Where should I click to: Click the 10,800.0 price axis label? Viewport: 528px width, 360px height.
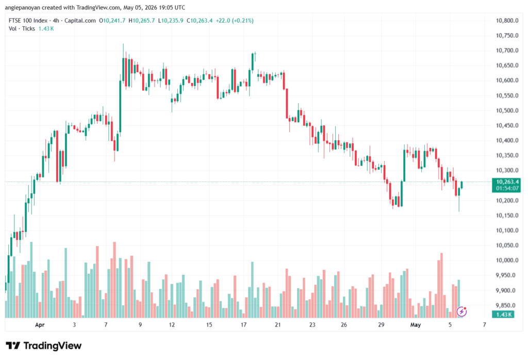(x=507, y=21)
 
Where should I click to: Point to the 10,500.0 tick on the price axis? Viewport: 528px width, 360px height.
(x=507, y=110)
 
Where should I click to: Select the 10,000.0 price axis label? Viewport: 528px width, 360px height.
(x=507, y=260)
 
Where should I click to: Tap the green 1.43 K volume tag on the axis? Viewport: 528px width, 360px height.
(x=503, y=315)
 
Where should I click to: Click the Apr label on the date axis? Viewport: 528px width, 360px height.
(x=40, y=325)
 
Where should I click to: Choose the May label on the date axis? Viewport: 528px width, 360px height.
(x=416, y=325)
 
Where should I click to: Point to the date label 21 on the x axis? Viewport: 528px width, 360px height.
(x=278, y=325)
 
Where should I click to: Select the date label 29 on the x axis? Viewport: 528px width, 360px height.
(x=381, y=325)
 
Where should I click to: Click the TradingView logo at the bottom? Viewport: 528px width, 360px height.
(x=44, y=346)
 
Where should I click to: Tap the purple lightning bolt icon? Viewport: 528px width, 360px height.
(x=461, y=312)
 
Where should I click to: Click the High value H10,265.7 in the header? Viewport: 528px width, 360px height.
(x=142, y=21)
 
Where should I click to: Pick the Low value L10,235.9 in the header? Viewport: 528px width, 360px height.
(x=171, y=21)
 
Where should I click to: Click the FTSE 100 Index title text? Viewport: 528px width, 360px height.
(x=28, y=21)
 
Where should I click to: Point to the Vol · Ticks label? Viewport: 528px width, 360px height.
(x=22, y=29)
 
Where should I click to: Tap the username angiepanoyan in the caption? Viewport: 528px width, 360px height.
(x=22, y=7)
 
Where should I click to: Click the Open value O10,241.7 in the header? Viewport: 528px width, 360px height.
(x=112, y=21)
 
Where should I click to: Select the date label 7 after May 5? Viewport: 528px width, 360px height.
(x=485, y=325)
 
